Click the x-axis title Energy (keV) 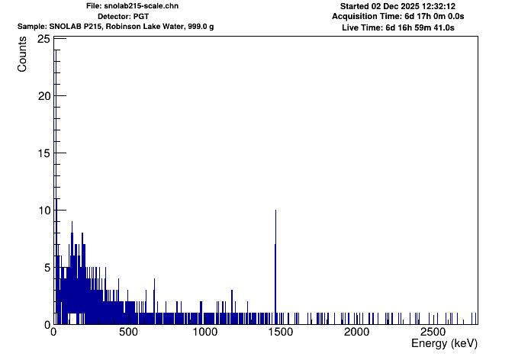click(x=444, y=344)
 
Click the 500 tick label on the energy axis click(x=129, y=333)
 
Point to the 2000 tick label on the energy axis click(x=356, y=333)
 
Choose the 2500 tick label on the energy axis click(x=433, y=333)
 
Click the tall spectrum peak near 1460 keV click(x=275, y=229)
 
